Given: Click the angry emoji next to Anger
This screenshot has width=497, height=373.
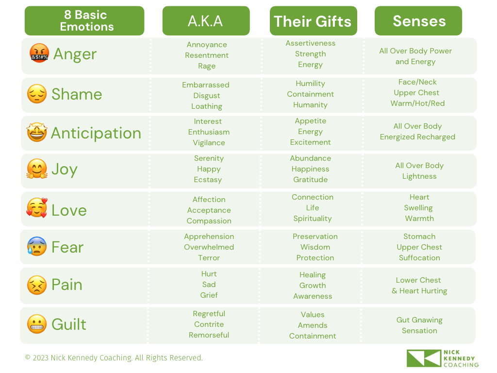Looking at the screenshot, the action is coord(39,53).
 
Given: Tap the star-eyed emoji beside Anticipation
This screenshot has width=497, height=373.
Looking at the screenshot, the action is coord(37,132).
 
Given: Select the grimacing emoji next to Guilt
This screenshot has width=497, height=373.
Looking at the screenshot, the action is coord(37,324).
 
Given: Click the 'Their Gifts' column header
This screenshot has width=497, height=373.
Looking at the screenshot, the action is coord(314,21).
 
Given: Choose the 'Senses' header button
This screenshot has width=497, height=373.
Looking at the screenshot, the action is coord(418,21).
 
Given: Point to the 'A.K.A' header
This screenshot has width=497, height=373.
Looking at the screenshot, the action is coord(206,21).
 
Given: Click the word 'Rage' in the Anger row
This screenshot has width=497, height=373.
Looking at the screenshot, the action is coord(207,66).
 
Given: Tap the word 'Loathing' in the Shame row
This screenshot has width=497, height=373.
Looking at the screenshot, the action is coord(207,106).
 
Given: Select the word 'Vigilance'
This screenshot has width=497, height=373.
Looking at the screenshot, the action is coord(209,143).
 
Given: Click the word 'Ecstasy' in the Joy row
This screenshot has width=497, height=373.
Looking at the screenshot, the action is coord(208,180).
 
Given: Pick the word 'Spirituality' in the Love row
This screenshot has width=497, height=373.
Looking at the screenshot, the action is coord(313,219).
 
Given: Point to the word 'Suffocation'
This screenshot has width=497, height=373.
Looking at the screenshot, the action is coord(419,258).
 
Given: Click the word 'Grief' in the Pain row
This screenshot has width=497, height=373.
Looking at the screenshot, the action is coord(209,295).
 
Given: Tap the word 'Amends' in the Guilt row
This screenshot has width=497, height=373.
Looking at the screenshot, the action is coord(313,325).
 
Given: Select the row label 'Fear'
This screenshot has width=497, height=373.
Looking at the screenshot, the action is coord(67,247).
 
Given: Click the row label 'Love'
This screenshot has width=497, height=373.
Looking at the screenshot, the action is coord(69,210).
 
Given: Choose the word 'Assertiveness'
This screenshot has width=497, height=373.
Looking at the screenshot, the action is coord(310,43).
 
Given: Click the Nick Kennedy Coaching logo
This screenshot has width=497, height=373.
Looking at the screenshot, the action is coord(443,358).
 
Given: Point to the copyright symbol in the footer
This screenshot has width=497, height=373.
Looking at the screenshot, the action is coord(28,357).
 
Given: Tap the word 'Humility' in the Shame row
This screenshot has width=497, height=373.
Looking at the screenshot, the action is coord(310,84).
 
